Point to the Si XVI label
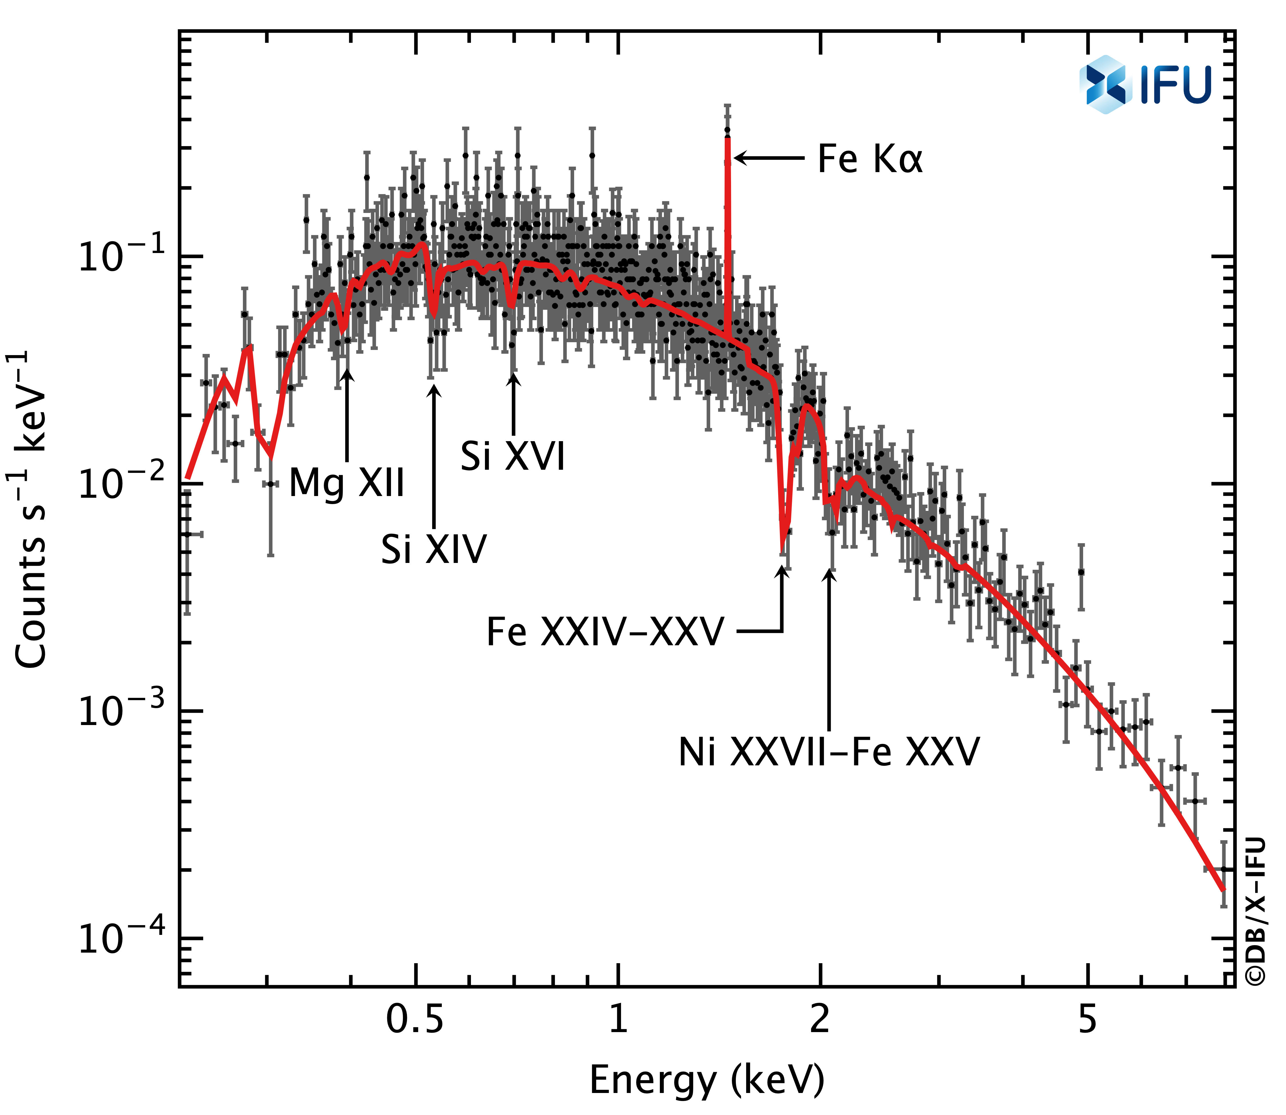click(513, 456)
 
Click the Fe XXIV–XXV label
click(605, 632)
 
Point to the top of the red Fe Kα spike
click(728, 140)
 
